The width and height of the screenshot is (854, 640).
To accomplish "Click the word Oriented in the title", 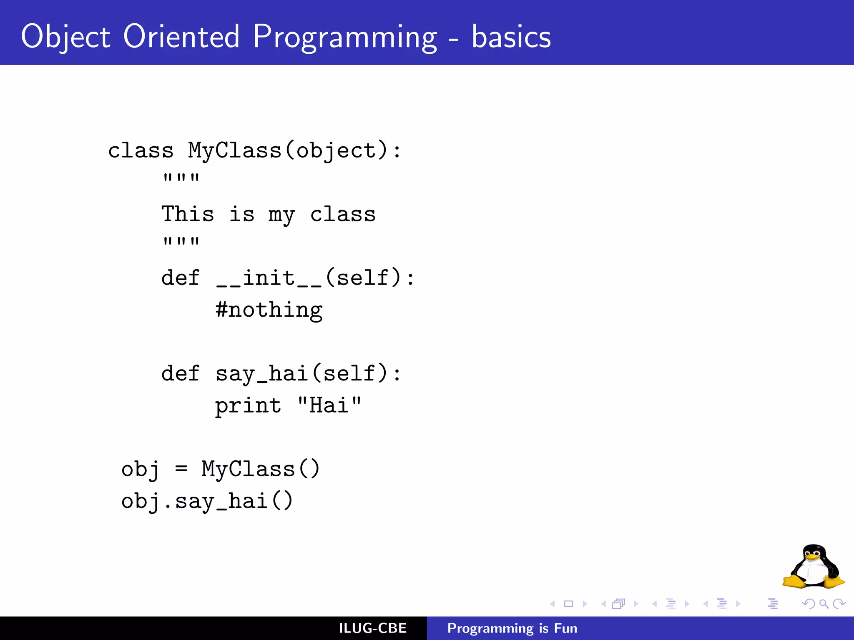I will pos(181,37).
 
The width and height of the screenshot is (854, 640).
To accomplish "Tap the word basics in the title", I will pos(511,37).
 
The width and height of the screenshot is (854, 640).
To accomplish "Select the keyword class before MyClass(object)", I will pos(141,150).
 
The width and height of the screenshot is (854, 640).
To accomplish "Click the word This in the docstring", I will pos(188,214).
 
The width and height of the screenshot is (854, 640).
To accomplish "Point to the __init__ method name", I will pos(269,278).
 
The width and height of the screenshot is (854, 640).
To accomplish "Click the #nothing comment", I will pos(269,310).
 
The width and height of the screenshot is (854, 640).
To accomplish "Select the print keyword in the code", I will pos(248,406).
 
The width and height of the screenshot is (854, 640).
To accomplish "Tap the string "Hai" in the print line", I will pos(329,405).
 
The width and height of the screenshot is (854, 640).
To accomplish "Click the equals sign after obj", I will pos(181,469).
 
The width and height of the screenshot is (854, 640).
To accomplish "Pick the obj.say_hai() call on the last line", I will pos(207,501).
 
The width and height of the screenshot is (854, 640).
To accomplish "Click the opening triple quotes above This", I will pos(181,178).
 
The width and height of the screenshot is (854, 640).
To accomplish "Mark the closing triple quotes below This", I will pos(181,242).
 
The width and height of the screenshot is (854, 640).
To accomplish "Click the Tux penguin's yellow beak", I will pos(812,557).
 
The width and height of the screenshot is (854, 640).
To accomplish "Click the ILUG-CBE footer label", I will pos(372,628).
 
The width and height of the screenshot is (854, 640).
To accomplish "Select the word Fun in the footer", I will pos(565,628).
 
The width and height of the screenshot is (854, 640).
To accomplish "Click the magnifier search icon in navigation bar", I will pos(824,604).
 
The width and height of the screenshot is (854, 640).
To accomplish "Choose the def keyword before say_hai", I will pos(180,373).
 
